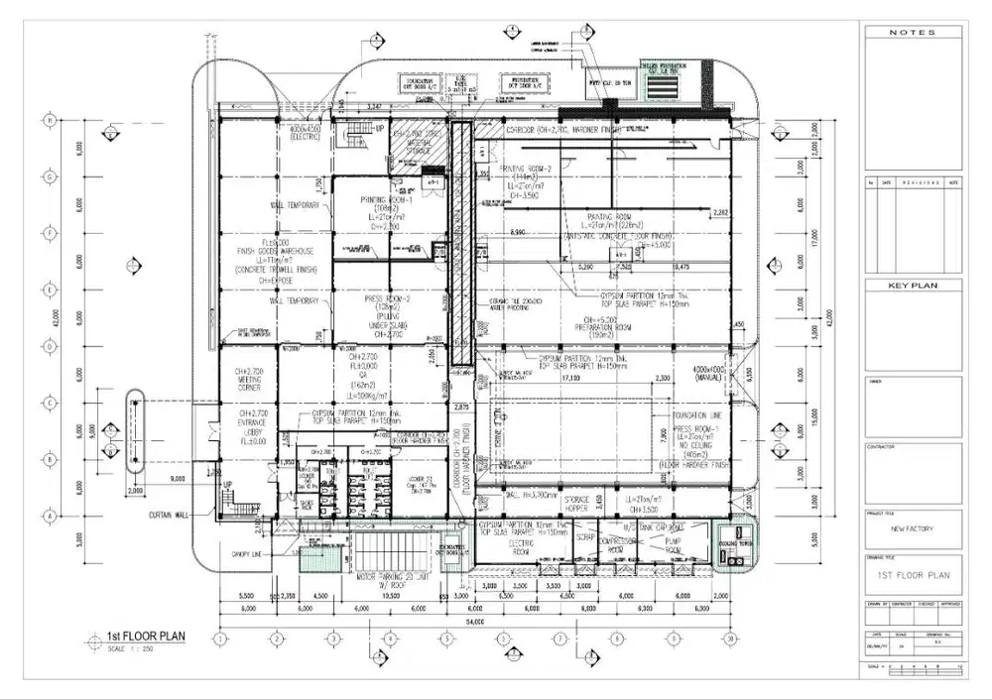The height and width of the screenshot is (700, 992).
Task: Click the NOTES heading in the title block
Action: coord(912,33)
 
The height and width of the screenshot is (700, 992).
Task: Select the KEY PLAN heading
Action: coord(912,286)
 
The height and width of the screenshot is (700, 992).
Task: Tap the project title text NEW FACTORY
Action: coord(912,528)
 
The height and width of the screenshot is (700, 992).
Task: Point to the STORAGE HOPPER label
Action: coord(578,505)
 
